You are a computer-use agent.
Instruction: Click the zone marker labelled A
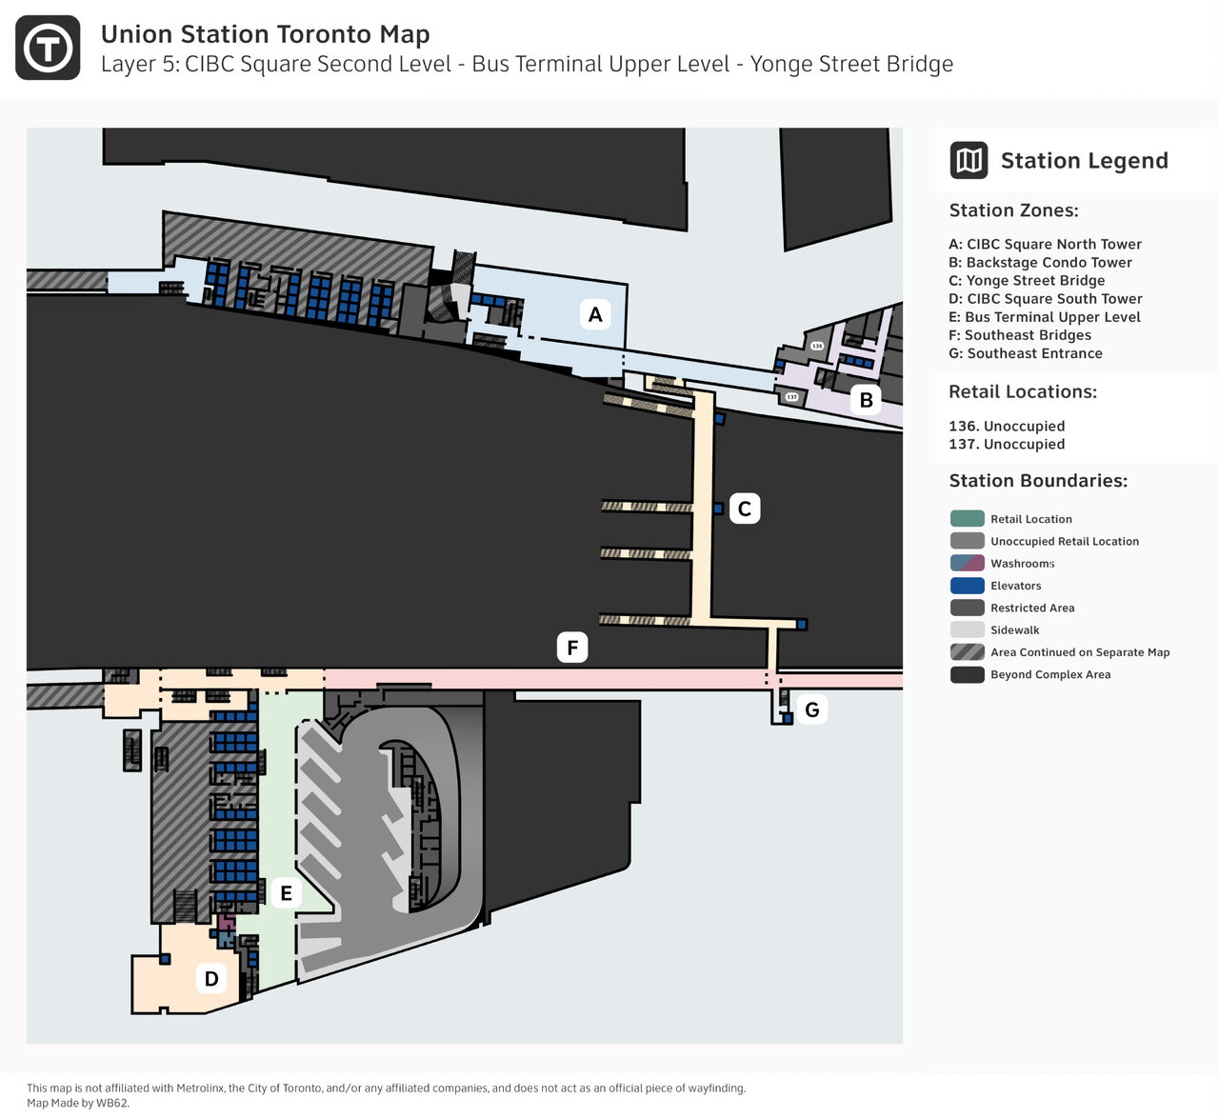[x=595, y=314]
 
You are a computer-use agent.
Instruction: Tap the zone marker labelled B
[x=866, y=400]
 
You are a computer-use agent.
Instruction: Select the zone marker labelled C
[x=745, y=509]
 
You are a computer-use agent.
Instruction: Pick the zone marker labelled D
[x=211, y=978]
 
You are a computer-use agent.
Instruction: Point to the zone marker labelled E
[x=286, y=893]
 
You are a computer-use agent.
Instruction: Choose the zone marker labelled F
[x=572, y=648]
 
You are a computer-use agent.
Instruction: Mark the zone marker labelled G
[x=812, y=709]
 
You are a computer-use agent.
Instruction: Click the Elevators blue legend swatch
[x=967, y=586]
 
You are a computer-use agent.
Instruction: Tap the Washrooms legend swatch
[x=967, y=564]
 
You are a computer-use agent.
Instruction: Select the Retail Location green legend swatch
[x=967, y=519]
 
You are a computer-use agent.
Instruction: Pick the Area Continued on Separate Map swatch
[x=967, y=652]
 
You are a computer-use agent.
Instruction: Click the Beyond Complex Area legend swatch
[x=967, y=674]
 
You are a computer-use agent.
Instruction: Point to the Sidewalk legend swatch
[x=967, y=629]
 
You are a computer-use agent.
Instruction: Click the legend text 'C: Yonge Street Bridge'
[x=1027, y=280]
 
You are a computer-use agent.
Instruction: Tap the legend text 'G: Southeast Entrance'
[x=1026, y=353]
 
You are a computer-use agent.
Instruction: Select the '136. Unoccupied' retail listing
[x=1007, y=426]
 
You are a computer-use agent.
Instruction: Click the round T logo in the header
[x=48, y=48]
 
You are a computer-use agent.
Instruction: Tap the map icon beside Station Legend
[x=969, y=160]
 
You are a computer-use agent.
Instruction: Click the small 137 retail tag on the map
[x=791, y=397]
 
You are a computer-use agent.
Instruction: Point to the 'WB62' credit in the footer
[x=111, y=1104]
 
